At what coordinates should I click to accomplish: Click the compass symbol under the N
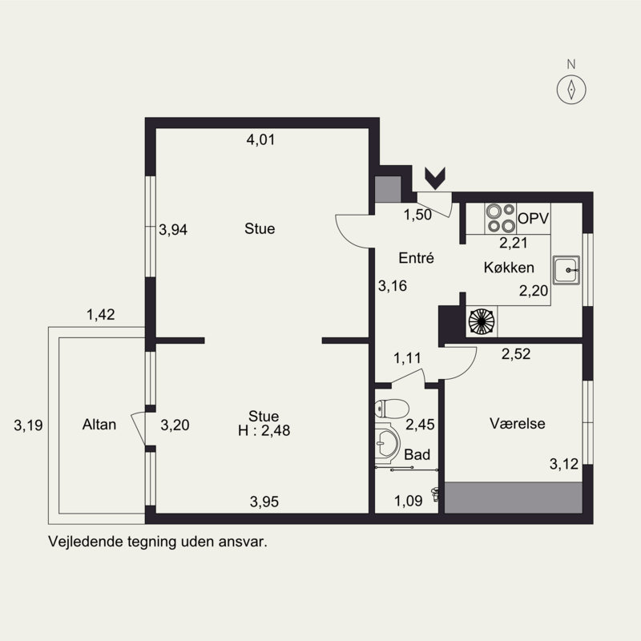click(x=571, y=89)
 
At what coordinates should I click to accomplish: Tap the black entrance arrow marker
click(x=435, y=179)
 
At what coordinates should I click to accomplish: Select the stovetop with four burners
click(x=501, y=218)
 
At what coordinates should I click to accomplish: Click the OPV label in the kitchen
click(x=533, y=219)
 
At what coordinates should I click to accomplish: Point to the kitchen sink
click(x=566, y=270)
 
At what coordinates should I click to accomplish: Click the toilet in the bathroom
click(x=392, y=409)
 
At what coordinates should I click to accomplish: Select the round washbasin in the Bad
click(x=386, y=443)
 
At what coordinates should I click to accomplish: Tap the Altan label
click(x=99, y=425)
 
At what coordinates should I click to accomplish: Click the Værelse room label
click(x=517, y=424)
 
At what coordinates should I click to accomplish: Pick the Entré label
click(x=416, y=258)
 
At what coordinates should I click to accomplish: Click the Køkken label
click(x=509, y=268)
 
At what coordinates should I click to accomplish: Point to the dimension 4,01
click(x=261, y=139)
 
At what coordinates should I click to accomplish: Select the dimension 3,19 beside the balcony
click(x=28, y=425)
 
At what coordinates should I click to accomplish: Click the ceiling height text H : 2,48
click(x=264, y=430)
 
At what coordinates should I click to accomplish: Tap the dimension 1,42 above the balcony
click(x=101, y=314)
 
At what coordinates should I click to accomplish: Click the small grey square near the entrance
click(x=388, y=189)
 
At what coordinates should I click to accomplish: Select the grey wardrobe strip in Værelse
click(x=513, y=498)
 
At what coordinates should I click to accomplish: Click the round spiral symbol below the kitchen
click(x=482, y=320)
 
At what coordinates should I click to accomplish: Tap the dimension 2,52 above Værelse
click(x=516, y=354)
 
